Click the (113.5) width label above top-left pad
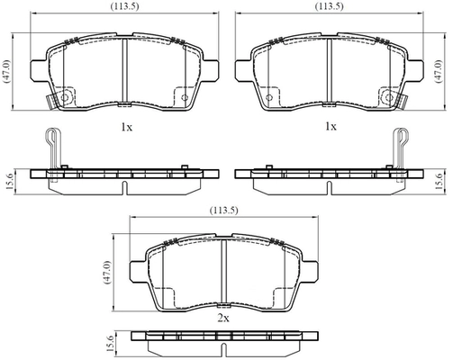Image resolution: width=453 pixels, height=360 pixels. click(x=124, y=6)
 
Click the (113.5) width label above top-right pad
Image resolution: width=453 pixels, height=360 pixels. click(x=329, y=6)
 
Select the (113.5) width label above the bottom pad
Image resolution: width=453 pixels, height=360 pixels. click(x=223, y=211)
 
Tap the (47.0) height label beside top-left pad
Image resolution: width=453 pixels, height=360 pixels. click(x=6, y=71)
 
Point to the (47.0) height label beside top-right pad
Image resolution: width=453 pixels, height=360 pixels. click(x=439, y=71)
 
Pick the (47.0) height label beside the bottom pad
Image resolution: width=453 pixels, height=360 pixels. click(x=106, y=273)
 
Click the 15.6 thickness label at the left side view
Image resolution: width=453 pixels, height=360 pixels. click(x=9, y=182)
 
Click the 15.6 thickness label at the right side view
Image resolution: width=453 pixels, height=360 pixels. click(x=439, y=182)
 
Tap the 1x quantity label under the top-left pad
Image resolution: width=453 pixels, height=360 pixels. click(x=126, y=128)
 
